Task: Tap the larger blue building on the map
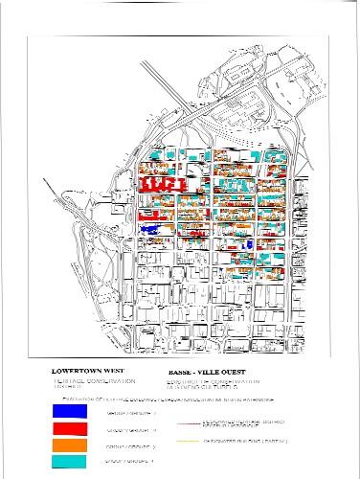(148, 229)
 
